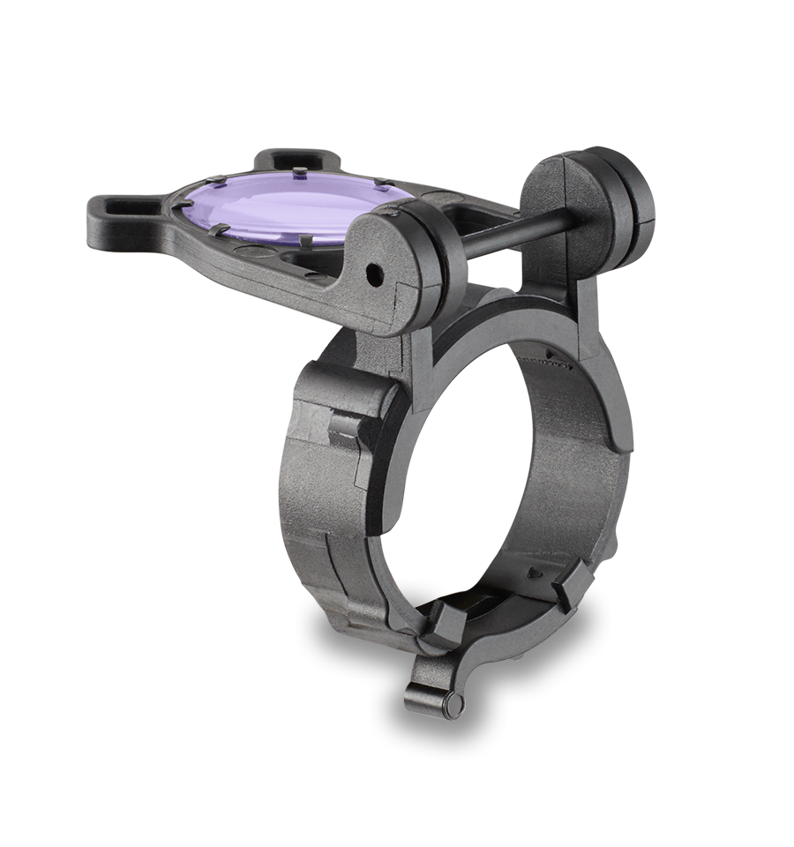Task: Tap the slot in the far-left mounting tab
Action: [121, 207]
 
